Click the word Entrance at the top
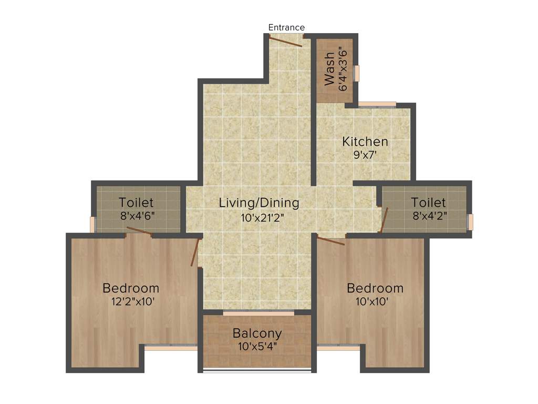click(286, 27)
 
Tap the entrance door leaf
click(286, 41)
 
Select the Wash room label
click(329, 68)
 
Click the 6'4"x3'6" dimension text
click(343, 69)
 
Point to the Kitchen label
click(365, 142)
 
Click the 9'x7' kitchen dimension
click(365, 155)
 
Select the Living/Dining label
click(259, 203)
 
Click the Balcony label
click(257, 334)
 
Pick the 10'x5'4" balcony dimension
click(257, 347)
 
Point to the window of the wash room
click(357, 73)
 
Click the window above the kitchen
click(377, 104)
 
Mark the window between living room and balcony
click(258, 314)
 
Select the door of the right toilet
click(384, 220)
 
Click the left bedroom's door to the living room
click(195, 252)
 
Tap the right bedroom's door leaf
click(332, 240)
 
